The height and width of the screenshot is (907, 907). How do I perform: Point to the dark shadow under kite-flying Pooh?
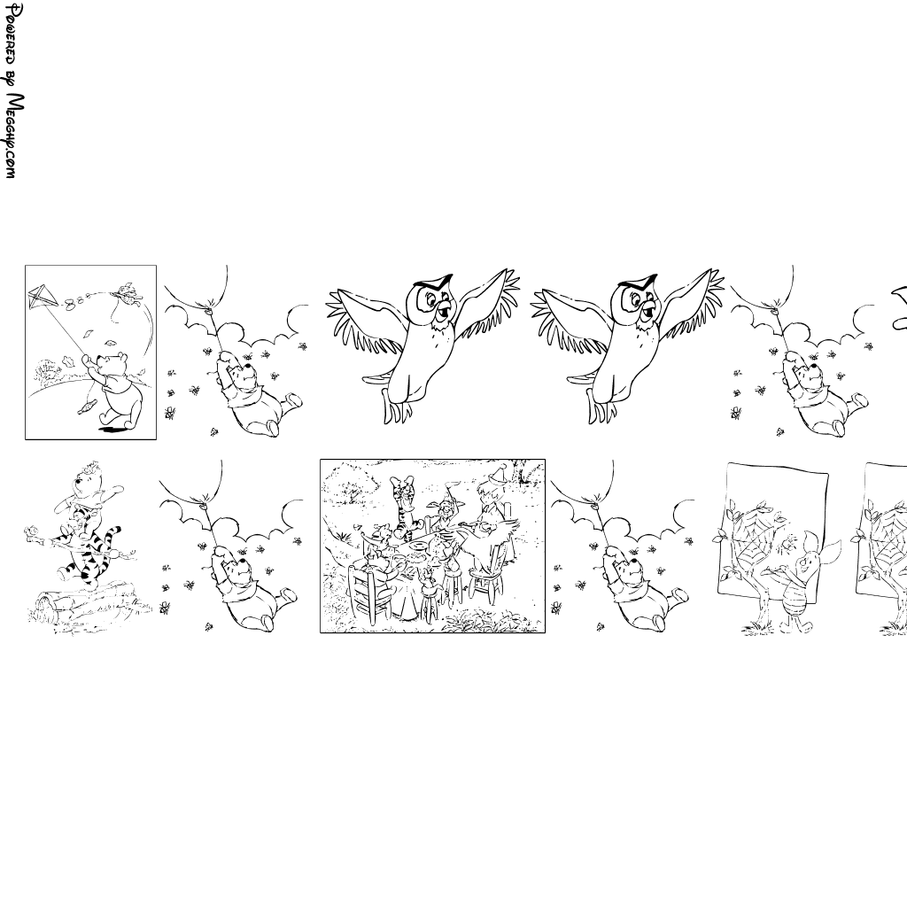(114, 429)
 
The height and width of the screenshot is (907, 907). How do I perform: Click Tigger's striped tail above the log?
(112, 538)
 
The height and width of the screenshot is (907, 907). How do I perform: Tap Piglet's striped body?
(795, 600)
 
